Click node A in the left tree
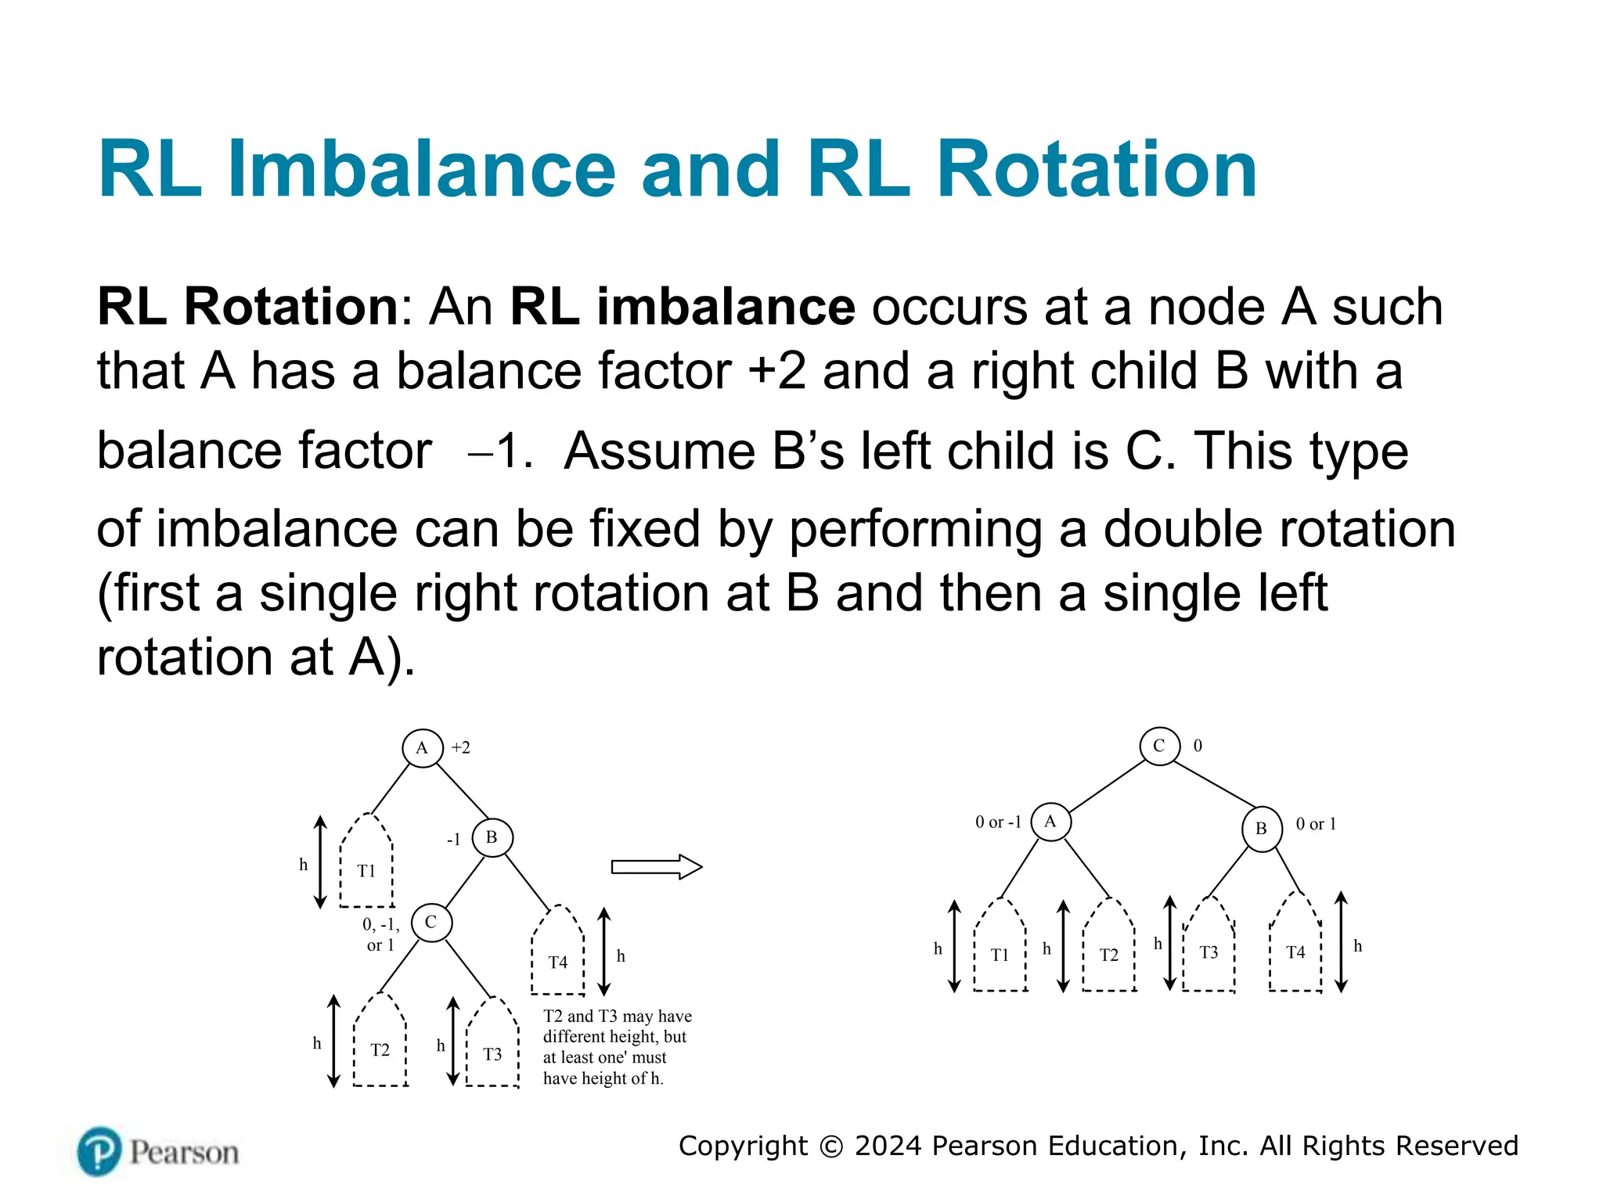(423, 748)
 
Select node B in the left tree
(492, 837)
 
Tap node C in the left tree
(431, 923)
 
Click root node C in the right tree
(1159, 746)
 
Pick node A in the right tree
(1050, 822)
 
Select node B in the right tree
(1262, 829)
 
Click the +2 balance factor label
(461, 748)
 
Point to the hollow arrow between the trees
(656, 867)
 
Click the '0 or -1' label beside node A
(998, 822)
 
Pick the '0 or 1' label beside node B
(1316, 824)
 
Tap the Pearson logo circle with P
(99, 1151)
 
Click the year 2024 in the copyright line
(888, 1146)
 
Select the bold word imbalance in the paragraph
(726, 307)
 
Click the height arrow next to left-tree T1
(320, 862)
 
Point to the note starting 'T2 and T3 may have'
(617, 1047)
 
